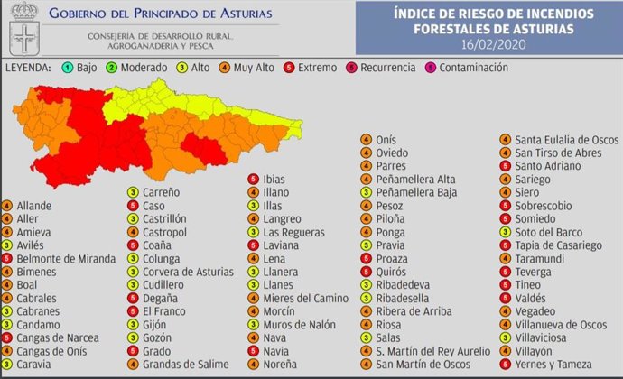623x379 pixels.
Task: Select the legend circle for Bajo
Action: [x=68, y=68]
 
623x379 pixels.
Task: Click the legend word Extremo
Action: [x=318, y=68]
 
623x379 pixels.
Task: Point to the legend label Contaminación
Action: [x=474, y=68]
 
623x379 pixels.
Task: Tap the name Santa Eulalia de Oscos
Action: [x=566, y=140]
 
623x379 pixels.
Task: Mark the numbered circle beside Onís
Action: [x=366, y=140]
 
